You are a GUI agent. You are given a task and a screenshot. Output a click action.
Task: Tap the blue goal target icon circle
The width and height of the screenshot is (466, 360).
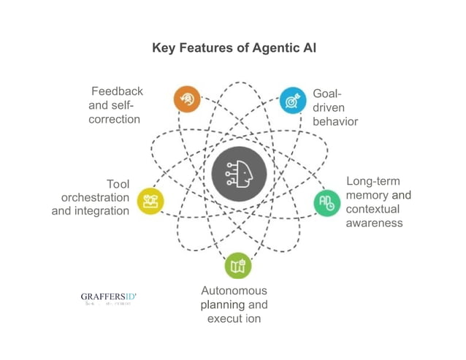click(292, 99)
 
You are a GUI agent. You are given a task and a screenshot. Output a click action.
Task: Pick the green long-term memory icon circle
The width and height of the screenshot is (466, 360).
click(326, 203)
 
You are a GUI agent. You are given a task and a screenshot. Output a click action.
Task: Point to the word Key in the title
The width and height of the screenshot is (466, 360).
click(163, 48)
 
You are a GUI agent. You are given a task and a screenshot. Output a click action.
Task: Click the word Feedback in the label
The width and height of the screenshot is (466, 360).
click(117, 91)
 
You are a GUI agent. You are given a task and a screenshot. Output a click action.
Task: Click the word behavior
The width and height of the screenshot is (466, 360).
click(335, 121)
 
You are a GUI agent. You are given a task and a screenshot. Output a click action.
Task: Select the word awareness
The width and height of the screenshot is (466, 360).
click(374, 222)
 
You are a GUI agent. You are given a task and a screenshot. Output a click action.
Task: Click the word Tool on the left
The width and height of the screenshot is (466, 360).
click(118, 184)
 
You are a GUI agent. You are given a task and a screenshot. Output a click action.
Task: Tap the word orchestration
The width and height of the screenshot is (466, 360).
click(95, 197)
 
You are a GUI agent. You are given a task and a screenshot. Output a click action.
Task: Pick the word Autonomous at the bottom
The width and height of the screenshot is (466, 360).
click(234, 291)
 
